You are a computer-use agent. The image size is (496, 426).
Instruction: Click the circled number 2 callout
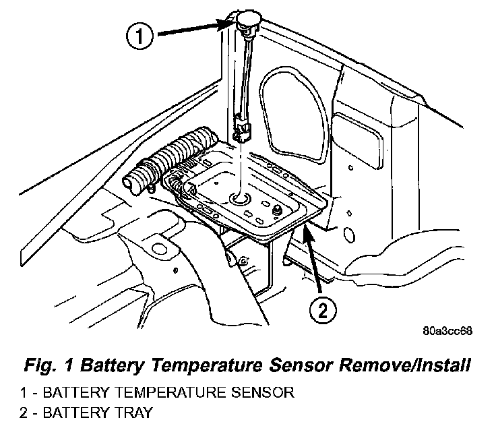tap(323, 310)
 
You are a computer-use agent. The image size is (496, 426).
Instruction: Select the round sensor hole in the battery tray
tap(239, 199)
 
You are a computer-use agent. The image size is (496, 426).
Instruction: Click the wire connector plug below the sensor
tap(243, 131)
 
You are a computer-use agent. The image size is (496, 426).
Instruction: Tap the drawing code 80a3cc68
tap(447, 332)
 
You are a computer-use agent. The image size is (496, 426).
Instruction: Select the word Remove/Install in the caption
tap(404, 365)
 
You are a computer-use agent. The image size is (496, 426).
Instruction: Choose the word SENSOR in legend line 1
tap(263, 392)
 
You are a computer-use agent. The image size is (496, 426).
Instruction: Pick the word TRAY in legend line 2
tap(134, 413)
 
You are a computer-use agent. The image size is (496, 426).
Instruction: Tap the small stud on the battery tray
tap(278, 210)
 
